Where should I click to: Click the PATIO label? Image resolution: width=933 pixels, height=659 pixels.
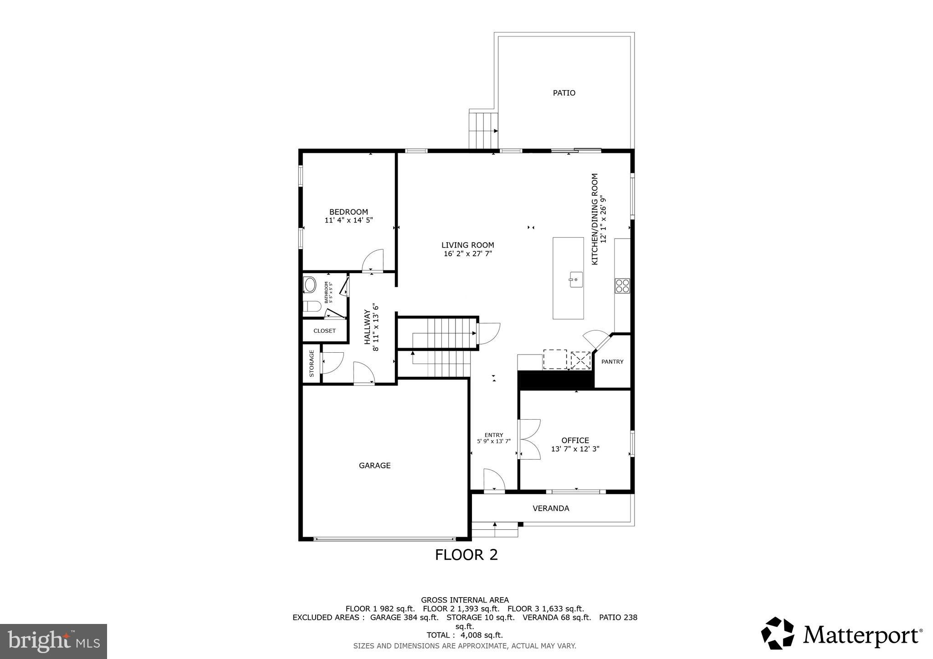564,93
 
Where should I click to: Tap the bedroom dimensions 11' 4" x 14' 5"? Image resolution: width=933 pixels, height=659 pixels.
349,220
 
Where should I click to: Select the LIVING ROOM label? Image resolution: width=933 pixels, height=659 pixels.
467,245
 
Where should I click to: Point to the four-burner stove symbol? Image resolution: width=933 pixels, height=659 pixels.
622,286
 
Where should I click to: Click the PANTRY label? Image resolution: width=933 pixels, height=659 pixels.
612,362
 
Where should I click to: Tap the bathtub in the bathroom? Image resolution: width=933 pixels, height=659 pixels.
310,285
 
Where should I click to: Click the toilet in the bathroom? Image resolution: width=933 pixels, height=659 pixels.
312,306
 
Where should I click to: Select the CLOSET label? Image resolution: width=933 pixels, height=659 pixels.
324,331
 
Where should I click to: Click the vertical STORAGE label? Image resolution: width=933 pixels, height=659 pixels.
312,363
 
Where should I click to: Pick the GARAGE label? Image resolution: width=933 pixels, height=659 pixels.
374,466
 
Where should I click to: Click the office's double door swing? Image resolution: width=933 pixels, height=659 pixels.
529,439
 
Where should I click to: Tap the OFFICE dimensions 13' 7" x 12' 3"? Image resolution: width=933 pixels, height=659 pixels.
575,449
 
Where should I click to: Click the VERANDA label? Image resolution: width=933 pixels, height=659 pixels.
551,508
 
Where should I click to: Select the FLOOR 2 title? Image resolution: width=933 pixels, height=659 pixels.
466,555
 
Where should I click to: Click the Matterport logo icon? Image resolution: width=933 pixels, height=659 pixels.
777,633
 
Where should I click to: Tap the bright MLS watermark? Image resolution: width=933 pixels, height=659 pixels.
53,642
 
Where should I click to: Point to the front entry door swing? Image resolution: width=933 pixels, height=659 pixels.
494,480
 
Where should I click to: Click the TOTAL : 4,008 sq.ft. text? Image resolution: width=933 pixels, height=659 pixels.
465,635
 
